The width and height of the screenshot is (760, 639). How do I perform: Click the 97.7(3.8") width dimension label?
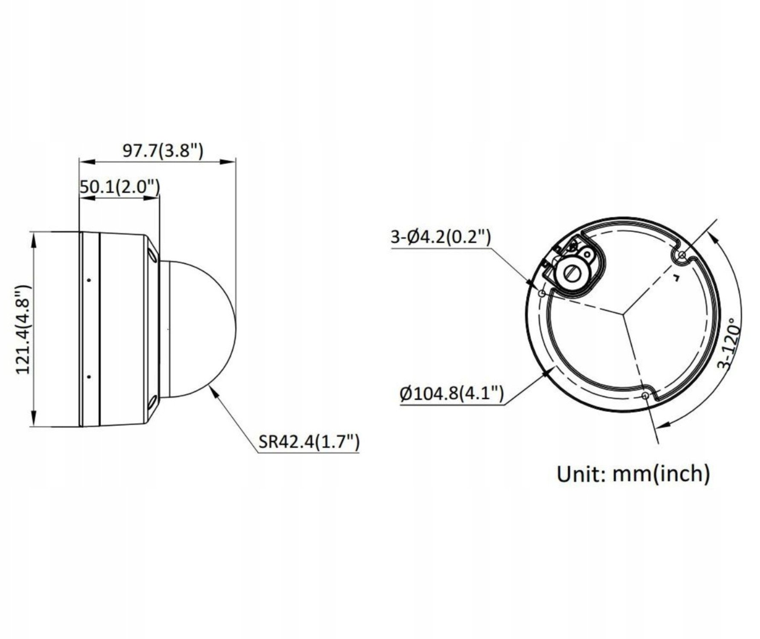tap(162, 152)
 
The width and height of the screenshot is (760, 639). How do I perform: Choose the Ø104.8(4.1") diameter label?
tap(452, 393)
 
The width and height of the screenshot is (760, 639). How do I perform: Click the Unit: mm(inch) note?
tap(633, 474)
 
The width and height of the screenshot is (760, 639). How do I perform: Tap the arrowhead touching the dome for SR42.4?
tap(214, 391)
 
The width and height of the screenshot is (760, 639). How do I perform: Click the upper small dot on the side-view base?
tap(89, 280)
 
